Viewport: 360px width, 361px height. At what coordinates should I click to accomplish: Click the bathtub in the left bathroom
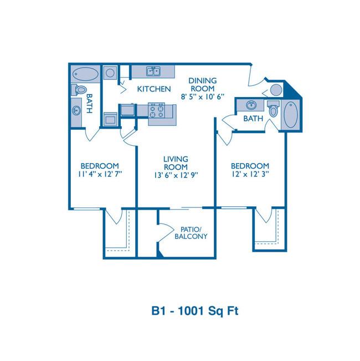[85, 74]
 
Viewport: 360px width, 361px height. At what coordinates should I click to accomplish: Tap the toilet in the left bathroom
[79, 90]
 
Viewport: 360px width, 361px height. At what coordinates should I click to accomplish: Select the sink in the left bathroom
[76, 110]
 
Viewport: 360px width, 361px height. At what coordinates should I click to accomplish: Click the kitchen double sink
[153, 71]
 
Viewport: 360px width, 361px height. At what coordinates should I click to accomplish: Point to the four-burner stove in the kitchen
[156, 110]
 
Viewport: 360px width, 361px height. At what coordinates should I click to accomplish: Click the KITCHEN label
[154, 89]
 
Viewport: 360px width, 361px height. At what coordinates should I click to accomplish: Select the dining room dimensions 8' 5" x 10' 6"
[203, 96]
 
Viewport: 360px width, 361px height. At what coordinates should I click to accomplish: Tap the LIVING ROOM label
[176, 163]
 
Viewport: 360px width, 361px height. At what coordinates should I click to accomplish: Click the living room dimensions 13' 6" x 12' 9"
[176, 175]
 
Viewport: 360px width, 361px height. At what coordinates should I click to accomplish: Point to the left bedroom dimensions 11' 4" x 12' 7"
[100, 174]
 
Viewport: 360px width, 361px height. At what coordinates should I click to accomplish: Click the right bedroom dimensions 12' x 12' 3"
[250, 174]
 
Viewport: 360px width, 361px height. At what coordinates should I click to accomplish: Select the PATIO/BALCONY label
[191, 233]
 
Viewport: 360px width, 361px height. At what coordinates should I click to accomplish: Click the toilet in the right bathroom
[273, 109]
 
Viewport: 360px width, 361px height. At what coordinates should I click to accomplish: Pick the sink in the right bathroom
[251, 105]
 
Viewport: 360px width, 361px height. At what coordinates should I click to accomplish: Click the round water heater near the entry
[276, 90]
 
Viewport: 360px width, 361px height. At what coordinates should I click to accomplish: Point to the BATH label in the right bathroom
[253, 119]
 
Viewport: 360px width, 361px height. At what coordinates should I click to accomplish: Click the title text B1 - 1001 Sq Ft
[195, 311]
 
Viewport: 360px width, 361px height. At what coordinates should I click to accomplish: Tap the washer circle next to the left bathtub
[110, 73]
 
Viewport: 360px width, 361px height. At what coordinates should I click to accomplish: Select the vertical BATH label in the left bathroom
[89, 103]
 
